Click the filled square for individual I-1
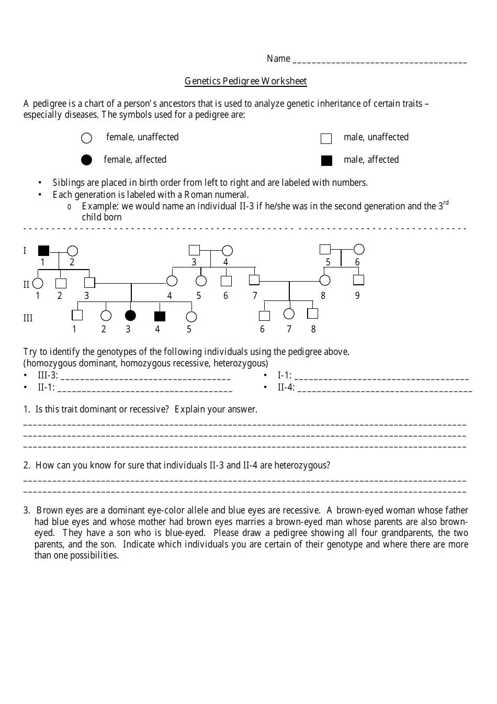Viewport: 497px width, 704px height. [43, 251]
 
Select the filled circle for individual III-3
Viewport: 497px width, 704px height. [130, 315]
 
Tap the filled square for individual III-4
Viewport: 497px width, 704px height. [160, 316]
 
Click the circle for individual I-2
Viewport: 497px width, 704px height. [73, 251]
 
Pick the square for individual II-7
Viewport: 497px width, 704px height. [254, 280]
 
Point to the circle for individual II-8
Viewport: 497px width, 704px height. [325, 281]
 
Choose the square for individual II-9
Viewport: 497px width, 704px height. [358, 280]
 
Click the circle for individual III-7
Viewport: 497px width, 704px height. [289, 314]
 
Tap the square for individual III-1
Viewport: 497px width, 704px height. [77, 315]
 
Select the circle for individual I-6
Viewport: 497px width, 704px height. [359, 249]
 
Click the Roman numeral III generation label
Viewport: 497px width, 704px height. [28, 318]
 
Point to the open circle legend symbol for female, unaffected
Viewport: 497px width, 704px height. [87, 138]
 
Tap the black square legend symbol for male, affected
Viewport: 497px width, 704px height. [326, 161]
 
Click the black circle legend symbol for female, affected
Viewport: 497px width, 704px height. [87, 160]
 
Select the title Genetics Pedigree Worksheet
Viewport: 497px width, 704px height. [245, 81]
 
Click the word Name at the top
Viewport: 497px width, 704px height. [278, 59]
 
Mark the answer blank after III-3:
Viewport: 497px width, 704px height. [145, 376]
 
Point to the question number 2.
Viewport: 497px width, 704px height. [27, 465]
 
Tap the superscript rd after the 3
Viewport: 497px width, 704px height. [446, 203]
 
